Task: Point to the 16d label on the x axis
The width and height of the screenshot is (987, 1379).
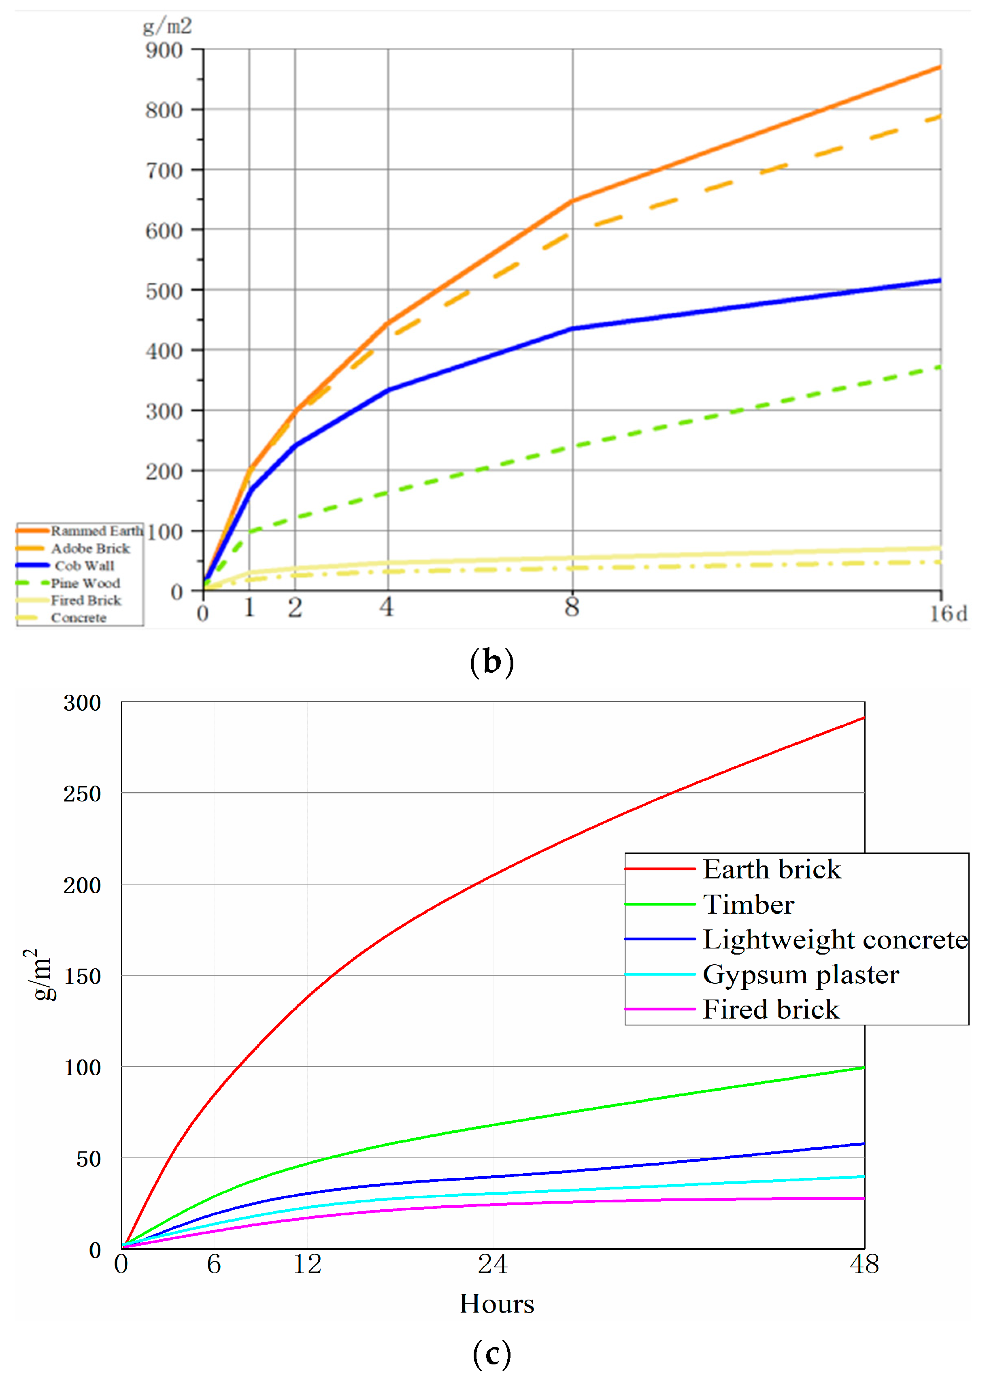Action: pyautogui.click(x=948, y=614)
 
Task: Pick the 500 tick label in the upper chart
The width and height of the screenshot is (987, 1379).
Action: pyautogui.click(x=164, y=291)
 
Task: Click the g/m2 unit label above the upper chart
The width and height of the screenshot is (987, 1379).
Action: pyautogui.click(x=167, y=26)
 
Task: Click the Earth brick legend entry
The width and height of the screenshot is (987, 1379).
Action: pyautogui.click(x=772, y=870)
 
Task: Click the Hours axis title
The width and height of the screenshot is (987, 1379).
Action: pyautogui.click(x=497, y=1304)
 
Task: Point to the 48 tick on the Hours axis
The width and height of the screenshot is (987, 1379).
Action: pyautogui.click(x=864, y=1265)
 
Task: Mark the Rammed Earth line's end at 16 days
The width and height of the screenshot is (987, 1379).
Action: pyautogui.click(x=940, y=67)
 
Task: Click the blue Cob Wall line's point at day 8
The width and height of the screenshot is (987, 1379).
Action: pyautogui.click(x=572, y=329)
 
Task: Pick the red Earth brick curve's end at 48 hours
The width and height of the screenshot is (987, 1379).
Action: pyautogui.click(x=864, y=718)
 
